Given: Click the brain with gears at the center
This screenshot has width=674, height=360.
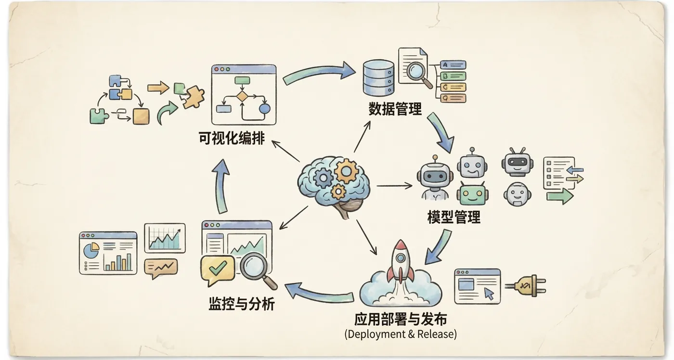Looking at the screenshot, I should pyautogui.click(x=334, y=183).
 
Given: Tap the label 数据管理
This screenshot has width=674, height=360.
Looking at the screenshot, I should pyautogui.click(x=395, y=109).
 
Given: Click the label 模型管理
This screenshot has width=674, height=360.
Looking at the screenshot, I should pyautogui.click(x=454, y=217).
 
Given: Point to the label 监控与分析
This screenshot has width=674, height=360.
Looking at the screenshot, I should pyautogui.click(x=242, y=304).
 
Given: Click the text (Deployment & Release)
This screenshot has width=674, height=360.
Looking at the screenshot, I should pyautogui.click(x=401, y=334).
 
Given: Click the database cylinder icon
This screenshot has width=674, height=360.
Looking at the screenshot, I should pyautogui.click(x=378, y=77).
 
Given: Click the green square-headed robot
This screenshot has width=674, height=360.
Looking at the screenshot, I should pyautogui.click(x=472, y=193).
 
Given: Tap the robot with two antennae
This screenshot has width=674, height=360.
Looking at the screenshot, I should pyautogui.click(x=517, y=162).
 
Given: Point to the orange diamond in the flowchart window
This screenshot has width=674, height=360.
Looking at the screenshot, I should pyautogui.click(x=241, y=96).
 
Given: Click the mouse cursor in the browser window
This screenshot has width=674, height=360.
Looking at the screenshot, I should pyautogui.click(x=489, y=294).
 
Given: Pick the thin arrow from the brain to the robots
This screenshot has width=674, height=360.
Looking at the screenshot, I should pyautogui.click(x=394, y=185).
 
